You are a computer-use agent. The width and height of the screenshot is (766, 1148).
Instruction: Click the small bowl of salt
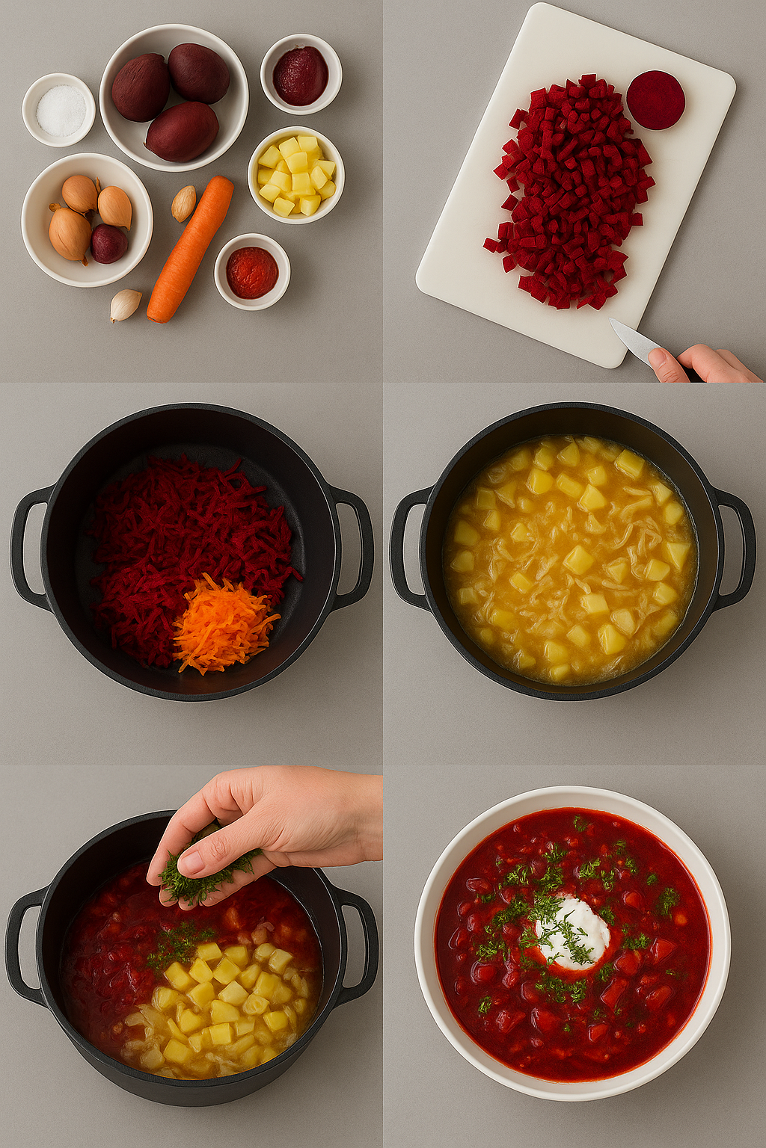pos(59,110)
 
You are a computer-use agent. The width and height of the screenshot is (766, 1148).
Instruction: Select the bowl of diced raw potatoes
pos(295,175)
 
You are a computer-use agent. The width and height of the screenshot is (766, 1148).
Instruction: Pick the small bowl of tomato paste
pos(252,271)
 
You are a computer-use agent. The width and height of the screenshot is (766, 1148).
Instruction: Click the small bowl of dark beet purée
pos(301,75)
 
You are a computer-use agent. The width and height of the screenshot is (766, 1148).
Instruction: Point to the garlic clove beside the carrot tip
pos(125,303)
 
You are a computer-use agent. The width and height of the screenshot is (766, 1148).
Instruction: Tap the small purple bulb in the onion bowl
pos(108,244)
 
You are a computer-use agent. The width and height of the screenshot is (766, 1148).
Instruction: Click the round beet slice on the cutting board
pos(655,100)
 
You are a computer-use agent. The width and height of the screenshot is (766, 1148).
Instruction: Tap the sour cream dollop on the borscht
pos(573,931)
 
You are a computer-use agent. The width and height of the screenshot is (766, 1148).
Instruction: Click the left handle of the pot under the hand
pos(25,945)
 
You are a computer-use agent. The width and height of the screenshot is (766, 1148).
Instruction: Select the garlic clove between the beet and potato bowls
pos(183,203)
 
